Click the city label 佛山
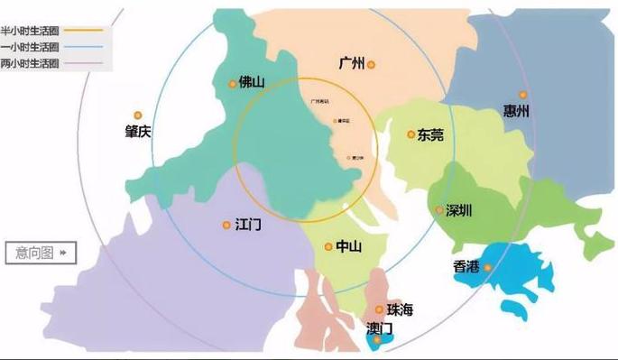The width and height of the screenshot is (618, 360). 253,83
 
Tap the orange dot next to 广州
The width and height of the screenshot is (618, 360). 371,64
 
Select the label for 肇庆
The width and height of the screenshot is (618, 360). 138,132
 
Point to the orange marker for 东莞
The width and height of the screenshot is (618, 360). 411,134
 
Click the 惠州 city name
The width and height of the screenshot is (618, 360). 516,112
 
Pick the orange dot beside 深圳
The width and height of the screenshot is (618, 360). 439,210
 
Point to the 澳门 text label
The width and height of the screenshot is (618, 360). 380,327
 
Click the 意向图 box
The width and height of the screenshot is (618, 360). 41,253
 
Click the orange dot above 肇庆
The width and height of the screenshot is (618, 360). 138,115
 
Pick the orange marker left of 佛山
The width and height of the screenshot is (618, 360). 233,84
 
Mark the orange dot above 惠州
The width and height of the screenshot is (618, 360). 522,95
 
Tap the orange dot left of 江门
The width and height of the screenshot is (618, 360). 226,225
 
